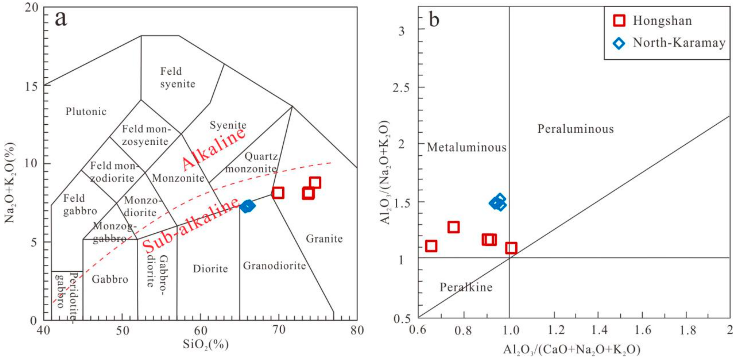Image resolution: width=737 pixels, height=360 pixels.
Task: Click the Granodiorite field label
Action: click(274, 266)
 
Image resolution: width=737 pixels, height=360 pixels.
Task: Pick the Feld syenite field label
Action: click(177, 78)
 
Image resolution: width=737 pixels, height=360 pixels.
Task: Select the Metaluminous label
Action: click(466, 147)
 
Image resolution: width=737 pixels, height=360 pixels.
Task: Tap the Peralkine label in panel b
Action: click(466, 287)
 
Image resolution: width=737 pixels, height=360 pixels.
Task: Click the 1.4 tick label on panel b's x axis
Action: click(599, 330)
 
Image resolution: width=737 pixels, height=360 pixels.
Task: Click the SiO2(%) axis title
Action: click(206, 344)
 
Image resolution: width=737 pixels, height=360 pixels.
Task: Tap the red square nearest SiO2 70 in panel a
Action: click(278, 193)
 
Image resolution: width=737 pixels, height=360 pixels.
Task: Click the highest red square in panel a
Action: click(315, 183)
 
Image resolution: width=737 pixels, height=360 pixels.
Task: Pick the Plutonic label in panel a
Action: click(86, 111)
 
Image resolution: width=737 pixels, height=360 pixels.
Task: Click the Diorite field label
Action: click(210, 269)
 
